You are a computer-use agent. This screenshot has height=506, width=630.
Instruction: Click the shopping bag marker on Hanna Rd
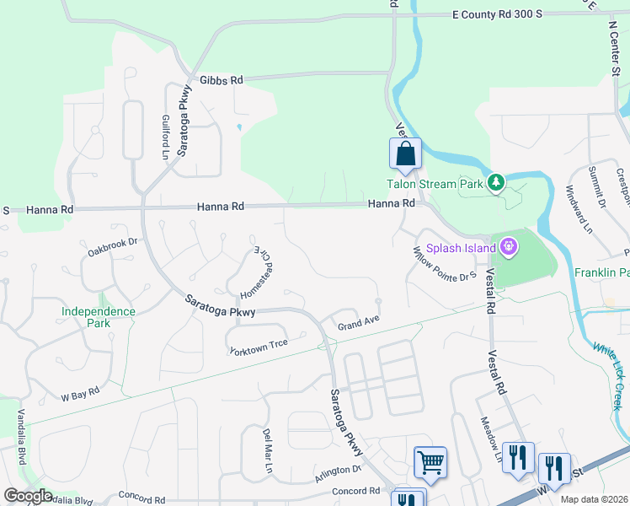[405, 154]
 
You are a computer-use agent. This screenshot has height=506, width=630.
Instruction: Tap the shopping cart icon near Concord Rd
[430, 462]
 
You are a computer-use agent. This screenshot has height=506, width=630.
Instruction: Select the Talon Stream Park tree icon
[497, 181]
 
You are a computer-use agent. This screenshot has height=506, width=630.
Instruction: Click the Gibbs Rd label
[222, 80]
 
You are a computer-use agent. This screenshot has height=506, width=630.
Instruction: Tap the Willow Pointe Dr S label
[445, 264]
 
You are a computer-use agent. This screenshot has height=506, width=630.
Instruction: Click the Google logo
[28, 497]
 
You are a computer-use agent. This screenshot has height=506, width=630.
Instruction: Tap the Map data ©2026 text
[593, 499]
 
